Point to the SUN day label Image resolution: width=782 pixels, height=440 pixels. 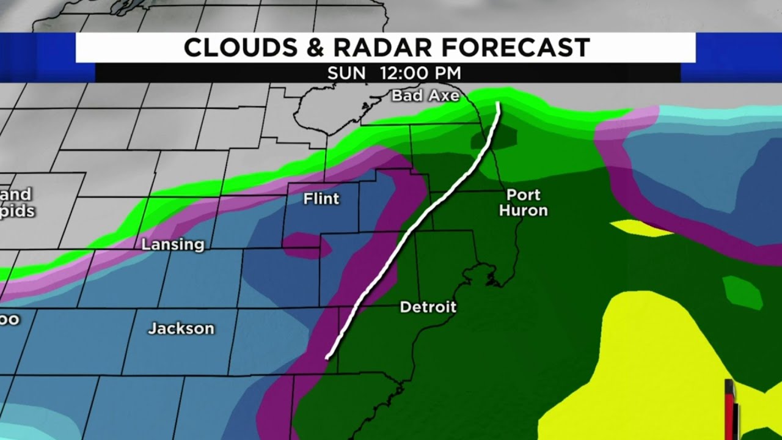pyautogui.click(x=346, y=73)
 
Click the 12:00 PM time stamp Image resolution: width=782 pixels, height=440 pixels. pyautogui.click(x=420, y=73)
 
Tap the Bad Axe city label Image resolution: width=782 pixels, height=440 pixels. pyautogui.click(x=425, y=96)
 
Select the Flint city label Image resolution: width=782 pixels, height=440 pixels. pyautogui.click(x=321, y=199)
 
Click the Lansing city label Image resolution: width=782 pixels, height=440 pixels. pyautogui.click(x=173, y=245)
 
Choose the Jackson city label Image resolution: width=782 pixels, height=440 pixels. pyautogui.click(x=181, y=329)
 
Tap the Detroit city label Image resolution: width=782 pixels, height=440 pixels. pyautogui.click(x=428, y=307)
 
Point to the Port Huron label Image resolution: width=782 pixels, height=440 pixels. pyautogui.click(x=524, y=203)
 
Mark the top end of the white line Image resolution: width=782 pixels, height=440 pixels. pyautogui.click(x=499, y=104)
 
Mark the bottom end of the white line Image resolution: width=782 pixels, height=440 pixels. pyautogui.click(x=328, y=357)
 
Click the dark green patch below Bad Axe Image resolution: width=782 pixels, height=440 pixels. pyautogui.click(x=493, y=139)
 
